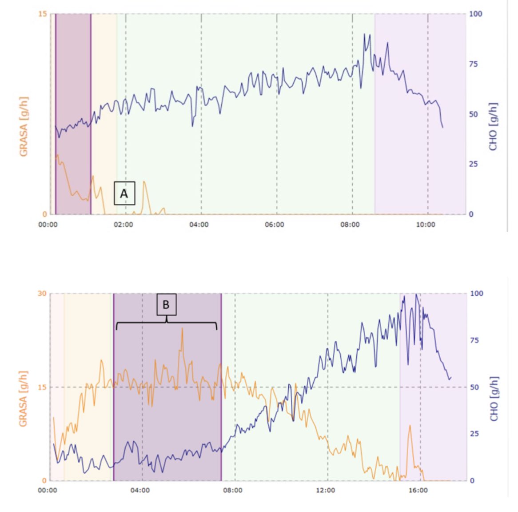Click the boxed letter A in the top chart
[124, 193]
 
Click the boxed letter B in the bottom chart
[166, 305]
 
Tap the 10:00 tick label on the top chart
[426, 225]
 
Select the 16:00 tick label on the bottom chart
[418, 490]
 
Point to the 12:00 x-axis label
[326, 490]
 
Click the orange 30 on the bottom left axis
[42, 294]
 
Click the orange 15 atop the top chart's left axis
[42, 14]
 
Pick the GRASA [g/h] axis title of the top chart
[24, 127]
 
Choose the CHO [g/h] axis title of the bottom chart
[494, 399]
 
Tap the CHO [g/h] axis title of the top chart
[493, 127]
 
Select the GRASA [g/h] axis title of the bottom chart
[23, 399]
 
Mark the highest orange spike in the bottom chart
[182, 329]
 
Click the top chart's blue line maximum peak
[365, 34]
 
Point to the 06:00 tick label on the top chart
[275, 225]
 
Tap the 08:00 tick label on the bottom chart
[233, 490]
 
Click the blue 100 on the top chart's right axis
[475, 14]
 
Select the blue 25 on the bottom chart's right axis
[474, 434]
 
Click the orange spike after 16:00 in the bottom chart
[410, 426]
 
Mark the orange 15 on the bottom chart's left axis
[42, 387]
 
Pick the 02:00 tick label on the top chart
[124, 225]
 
